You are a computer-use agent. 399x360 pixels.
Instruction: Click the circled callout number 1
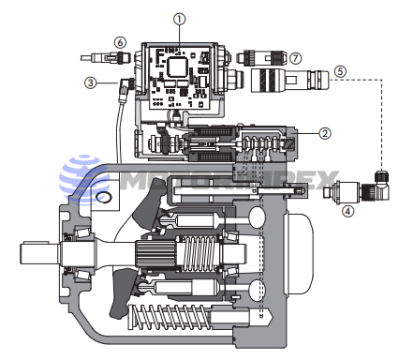pos(179,20)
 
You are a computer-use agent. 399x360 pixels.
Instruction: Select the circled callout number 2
pos(325,133)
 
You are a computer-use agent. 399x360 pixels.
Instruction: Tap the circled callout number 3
pos(91,82)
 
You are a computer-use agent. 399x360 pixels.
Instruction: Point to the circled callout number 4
pos(347,211)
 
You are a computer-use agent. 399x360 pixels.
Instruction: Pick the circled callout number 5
pos(340,71)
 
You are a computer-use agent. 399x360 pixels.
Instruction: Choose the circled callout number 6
pos(120,42)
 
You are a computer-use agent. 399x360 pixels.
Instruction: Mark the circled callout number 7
pos(295,58)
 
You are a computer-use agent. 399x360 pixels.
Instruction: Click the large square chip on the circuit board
pos(177,67)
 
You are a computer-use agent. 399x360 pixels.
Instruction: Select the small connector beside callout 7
pos(261,57)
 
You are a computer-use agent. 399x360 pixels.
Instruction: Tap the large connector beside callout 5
pos(290,80)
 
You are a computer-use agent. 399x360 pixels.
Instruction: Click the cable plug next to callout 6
pos(105,58)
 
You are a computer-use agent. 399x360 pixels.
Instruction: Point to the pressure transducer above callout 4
pos(343,191)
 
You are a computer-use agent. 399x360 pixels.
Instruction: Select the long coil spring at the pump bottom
pos(170,317)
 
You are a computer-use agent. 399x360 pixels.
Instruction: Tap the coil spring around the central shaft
pos(199,253)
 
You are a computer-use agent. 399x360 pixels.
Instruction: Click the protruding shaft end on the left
pos(39,253)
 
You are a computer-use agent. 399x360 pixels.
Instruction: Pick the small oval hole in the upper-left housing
pos(104,197)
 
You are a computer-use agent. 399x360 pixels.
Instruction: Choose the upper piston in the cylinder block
pos(194,221)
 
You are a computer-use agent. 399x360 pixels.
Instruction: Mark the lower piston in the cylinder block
pos(185,286)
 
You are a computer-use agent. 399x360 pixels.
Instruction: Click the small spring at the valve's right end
pos(289,144)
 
